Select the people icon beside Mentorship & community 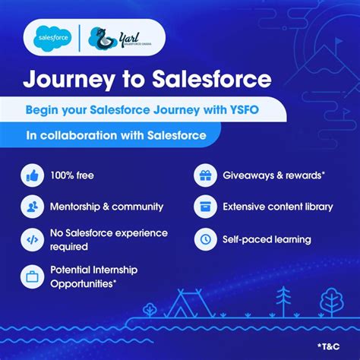coord(33,207)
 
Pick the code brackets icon coord(33,239)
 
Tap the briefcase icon coord(33,276)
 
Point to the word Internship coord(121,270)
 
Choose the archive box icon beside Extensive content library coord(204,207)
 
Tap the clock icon coord(204,239)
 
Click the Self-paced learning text coord(267,239)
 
